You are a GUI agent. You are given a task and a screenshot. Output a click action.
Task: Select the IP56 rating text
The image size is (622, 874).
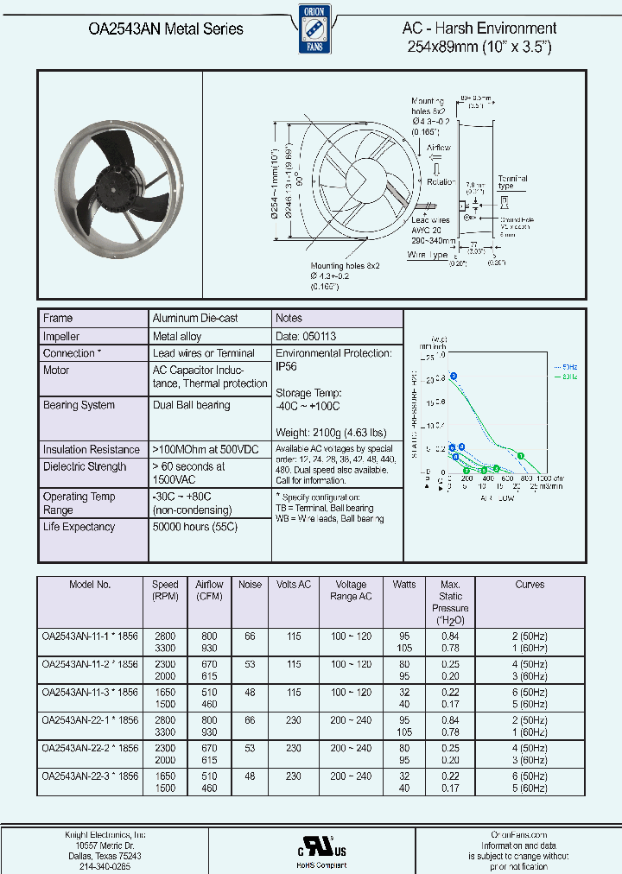pyautogui.click(x=287, y=366)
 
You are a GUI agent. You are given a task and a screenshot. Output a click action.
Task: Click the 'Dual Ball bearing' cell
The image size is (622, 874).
pyautogui.click(x=191, y=405)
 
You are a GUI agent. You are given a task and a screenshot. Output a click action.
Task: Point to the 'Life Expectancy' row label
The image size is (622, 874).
pyautogui.click(x=79, y=527)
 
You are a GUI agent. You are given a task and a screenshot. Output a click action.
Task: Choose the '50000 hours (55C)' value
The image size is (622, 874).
pyautogui.click(x=194, y=527)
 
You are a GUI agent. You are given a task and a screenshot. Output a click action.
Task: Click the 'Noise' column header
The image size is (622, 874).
pyautogui.click(x=250, y=585)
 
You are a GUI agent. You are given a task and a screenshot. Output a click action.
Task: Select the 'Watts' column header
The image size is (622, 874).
pyautogui.click(x=404, y=585)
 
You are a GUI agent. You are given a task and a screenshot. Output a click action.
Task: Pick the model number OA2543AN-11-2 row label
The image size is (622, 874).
pyautogui.click(x=90, y=664)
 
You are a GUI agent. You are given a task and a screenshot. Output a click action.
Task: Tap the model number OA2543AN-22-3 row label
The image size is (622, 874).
pyautogui.click(x=90, y=776)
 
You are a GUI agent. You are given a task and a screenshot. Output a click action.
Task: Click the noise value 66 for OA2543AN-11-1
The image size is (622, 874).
pyautogui.click(x=250, y=636)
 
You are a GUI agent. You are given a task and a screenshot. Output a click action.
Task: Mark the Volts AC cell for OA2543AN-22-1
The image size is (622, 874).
pyautogui.click(x=294, y=720)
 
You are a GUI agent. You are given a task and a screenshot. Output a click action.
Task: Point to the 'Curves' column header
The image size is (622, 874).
pyautogui.click(x=530, y=585)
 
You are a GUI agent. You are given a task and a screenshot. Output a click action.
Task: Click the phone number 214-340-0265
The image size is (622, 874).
pyautogui.click(x=105, y=866)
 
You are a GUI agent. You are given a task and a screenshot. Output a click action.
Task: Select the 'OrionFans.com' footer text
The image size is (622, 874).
pyautogui.click(x=519, y=835)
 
